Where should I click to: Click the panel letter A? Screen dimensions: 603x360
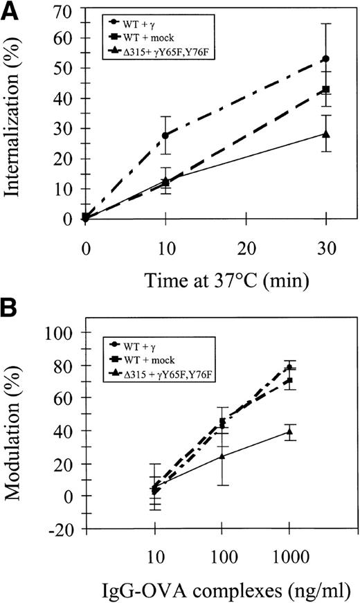coord(12,12)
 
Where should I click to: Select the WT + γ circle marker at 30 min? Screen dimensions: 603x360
coord(325,59)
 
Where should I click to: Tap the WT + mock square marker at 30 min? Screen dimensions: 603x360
coord(325,89)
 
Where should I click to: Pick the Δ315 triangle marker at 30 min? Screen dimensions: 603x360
coord(325,134)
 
